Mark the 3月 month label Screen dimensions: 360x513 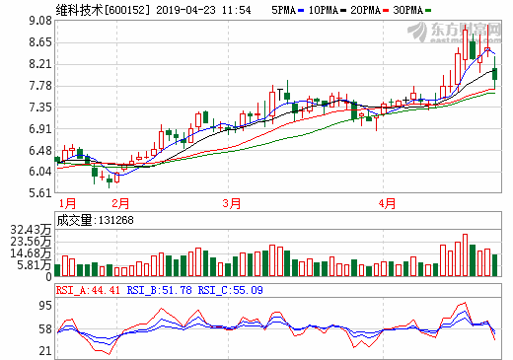coord(232,203)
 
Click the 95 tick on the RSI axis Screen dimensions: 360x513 coord(44,306)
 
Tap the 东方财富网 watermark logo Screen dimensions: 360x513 coord(468,31)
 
